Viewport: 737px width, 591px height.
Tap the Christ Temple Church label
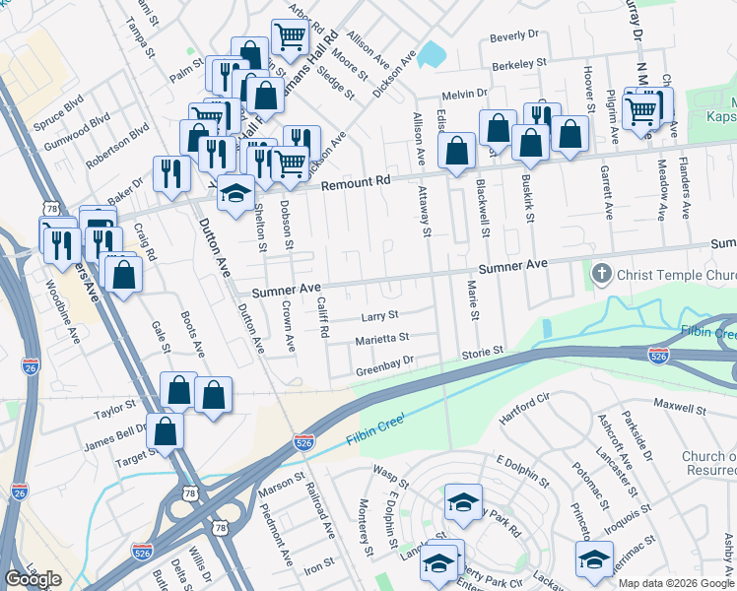click(676, 272)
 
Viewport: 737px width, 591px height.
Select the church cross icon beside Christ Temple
click(599, 272)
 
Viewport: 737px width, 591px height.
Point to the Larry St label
click(378, 316)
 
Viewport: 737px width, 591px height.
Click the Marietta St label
click(382, 338)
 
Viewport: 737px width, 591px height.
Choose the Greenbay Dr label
click(384, 372)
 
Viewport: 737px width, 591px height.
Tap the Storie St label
click(483, 351)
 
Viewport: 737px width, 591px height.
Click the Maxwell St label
click(680, 406)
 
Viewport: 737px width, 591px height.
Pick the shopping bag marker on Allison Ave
click(456, 151)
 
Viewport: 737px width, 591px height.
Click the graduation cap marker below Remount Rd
click(234, 193)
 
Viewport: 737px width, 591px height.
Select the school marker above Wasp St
click(463, 501)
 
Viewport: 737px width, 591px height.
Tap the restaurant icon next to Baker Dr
click(172, 173)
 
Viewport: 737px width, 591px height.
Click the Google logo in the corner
click(33, 579)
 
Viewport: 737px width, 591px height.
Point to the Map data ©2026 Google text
click(676, 583)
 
